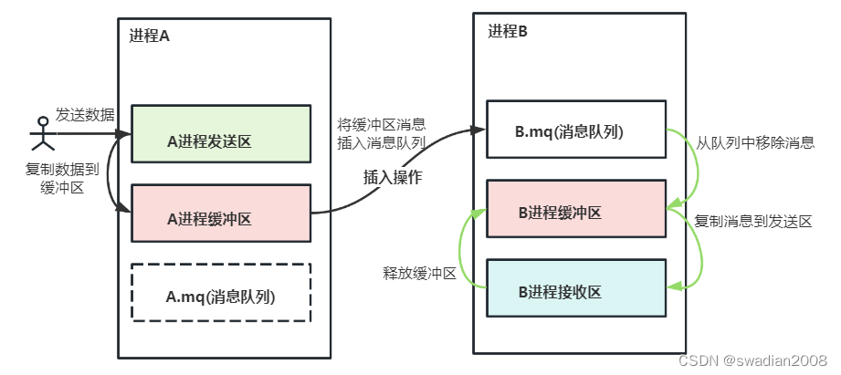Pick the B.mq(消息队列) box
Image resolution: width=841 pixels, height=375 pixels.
click(x=574, y=131)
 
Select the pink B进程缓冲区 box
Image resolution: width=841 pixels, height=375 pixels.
click(x=574, y=213)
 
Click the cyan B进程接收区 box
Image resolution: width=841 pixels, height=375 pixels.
click(x=574, y=291)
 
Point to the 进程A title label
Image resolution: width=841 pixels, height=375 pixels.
click(x=149, y=37)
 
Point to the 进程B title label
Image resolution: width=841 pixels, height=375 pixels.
click(x=508, y=32)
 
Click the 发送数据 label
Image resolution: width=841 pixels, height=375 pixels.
click(x=85, y=114)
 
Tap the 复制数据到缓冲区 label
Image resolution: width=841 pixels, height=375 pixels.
click(x=56, y=179)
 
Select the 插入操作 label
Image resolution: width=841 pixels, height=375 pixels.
click(x=394, y=177)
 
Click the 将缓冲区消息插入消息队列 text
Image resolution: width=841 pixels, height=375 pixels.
click(x=382, y=133)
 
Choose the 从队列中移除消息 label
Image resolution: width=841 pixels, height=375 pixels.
click(x=754, y=142)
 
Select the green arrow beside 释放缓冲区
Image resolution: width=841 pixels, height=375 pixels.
click(x=467, y=246)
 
